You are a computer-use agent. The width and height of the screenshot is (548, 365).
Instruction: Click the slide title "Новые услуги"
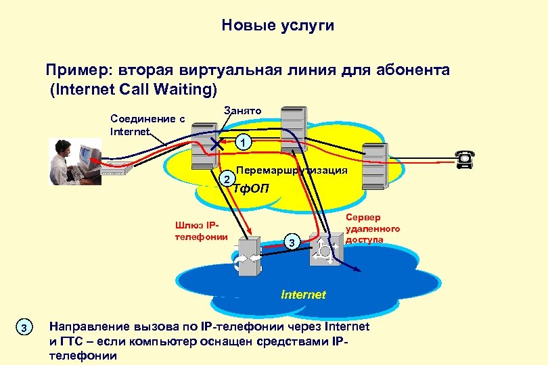point(277,26)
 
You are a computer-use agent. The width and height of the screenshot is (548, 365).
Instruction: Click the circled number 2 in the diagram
point(229,178)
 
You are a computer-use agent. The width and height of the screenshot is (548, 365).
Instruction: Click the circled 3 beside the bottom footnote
point(24,328)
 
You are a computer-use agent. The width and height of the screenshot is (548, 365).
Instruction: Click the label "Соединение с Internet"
point(147,125)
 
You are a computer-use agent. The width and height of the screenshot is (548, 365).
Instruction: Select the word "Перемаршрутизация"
point(292,170)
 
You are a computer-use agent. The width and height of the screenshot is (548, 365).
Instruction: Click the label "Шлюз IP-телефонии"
point(200,230)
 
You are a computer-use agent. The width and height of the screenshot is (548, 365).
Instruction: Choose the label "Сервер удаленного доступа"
point(372,228)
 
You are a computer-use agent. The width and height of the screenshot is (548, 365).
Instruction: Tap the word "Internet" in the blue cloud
point(304,295)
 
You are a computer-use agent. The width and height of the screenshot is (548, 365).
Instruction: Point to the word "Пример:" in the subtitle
point(76,70)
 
